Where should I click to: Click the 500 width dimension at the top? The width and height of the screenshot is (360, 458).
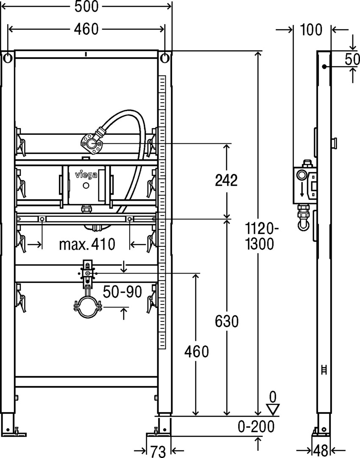[x=87, y=6]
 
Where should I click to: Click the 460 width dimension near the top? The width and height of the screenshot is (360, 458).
[x=87, y=29]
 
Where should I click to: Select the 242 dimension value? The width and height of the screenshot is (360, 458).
[x=226, y=180]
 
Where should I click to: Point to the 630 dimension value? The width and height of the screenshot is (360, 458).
[x=226, y=321]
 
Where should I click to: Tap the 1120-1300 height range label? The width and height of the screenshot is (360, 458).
[x=260, y=236]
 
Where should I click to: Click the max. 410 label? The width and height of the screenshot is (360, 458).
[x=87, y=244]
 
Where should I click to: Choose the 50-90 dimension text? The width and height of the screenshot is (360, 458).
[x=123, y=291]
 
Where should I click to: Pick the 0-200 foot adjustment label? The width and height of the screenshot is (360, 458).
[x=256, y=426]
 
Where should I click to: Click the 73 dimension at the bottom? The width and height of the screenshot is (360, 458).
[x=158, y=451]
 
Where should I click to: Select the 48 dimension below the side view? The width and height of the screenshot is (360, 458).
[x=320, y=451]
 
